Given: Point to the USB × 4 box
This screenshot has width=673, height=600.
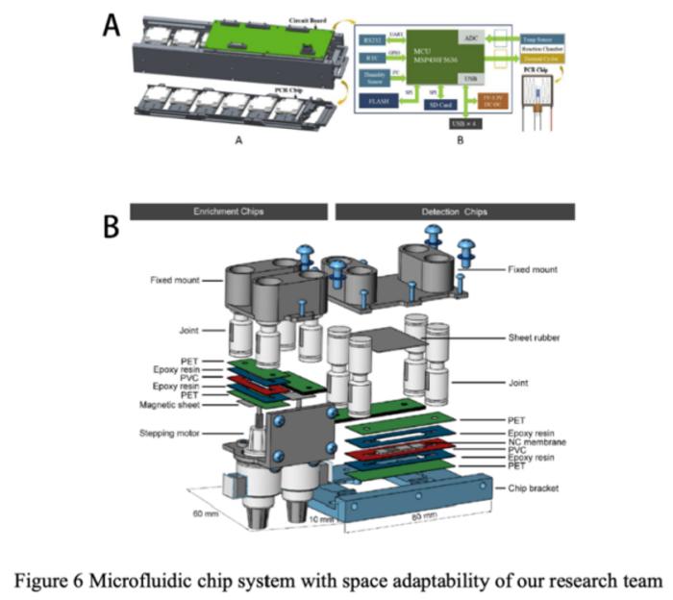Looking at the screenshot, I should (x=463, y=124).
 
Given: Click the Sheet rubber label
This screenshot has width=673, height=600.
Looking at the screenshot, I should (x=534, y=337).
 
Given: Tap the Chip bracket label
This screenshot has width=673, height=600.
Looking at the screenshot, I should (x=539, y=487).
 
